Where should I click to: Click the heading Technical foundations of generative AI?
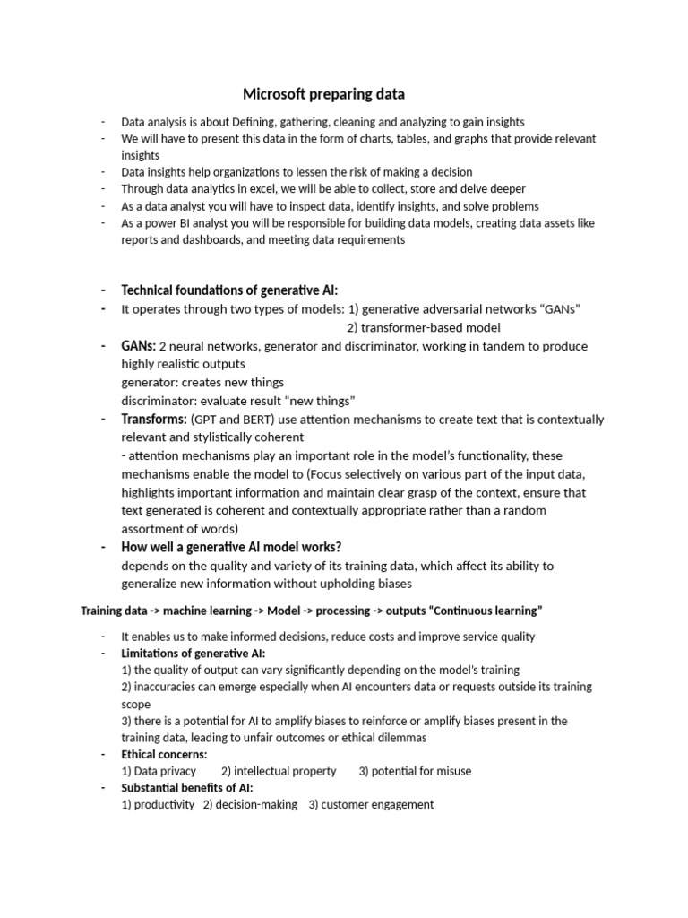229,290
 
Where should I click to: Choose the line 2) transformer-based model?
424,327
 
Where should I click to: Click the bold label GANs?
138,346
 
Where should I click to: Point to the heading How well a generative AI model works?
231,547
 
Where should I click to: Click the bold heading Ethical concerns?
164,755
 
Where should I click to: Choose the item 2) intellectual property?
279,771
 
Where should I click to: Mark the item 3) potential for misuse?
415,771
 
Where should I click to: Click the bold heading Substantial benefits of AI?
187,788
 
